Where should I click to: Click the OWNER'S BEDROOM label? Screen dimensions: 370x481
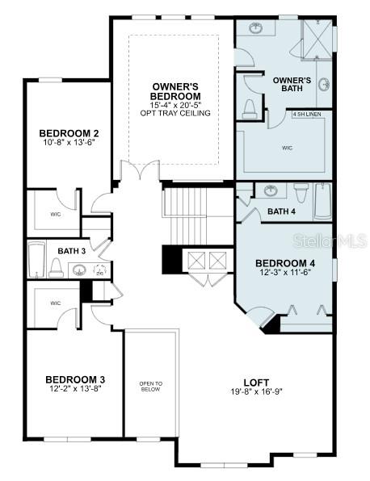[175, 91]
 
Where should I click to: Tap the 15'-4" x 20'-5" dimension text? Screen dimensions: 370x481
[175, 105]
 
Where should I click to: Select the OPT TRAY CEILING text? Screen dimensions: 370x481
[175, 113]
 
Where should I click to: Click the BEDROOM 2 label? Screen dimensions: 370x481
[69, 133]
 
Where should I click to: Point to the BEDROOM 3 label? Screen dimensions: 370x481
[75, 380]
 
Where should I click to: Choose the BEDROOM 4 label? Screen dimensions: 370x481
[285, 263]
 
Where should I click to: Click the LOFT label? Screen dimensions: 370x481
[256, 383]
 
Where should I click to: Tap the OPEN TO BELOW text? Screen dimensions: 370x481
[151, 387]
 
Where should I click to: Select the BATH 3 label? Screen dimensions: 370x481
[72, 251]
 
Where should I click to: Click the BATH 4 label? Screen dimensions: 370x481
[282, 211]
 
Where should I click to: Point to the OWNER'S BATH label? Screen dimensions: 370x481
[292, 85]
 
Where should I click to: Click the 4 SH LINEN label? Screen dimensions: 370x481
[307, 114]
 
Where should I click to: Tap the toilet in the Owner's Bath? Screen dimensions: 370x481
[249, 109]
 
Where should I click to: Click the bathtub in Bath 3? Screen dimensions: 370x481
[36, 259]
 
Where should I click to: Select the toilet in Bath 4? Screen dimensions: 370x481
[301, 192]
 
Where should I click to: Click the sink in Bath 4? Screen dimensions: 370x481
[271, 190]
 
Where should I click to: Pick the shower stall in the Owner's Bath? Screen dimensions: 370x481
[317, 38]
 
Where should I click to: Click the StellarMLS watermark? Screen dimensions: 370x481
[330, 240]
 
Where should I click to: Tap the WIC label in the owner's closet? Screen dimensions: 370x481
[288, 148]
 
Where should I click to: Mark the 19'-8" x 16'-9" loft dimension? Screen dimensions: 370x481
[256, 391]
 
